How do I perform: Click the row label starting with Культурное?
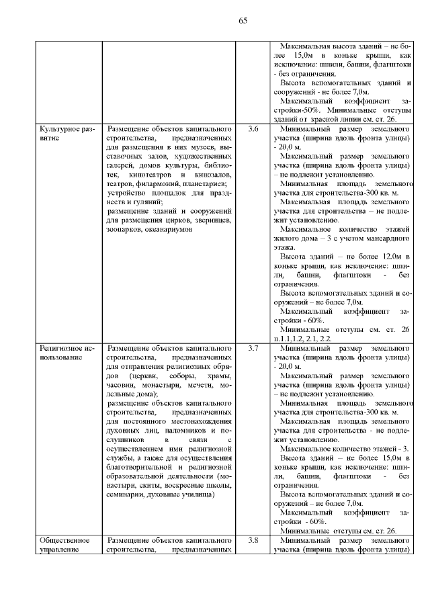[67, 132]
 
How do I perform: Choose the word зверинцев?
[211, 220]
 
